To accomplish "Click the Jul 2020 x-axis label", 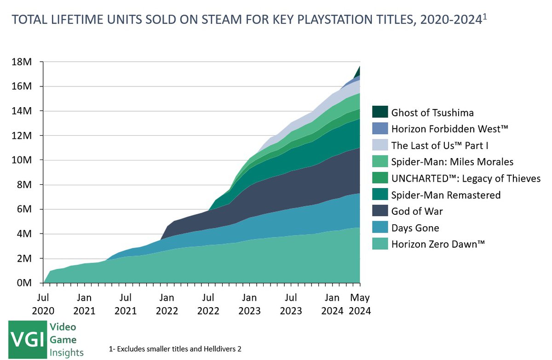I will [x=44, y=303].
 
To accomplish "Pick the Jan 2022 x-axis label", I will [x=167, y=303].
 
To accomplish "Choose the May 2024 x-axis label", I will [x=360, y=303].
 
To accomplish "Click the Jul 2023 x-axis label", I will [x=291, y=303].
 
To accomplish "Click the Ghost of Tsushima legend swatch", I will [x=379, y=112].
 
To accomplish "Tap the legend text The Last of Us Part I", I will [x=440, y=145].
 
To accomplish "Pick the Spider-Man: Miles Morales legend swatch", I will [x=379, y=162].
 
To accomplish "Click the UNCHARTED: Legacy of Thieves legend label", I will [x=466, y=178].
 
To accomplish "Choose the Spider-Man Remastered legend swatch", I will [x=379, y=195].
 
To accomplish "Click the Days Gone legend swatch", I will [x=379, y=228].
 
